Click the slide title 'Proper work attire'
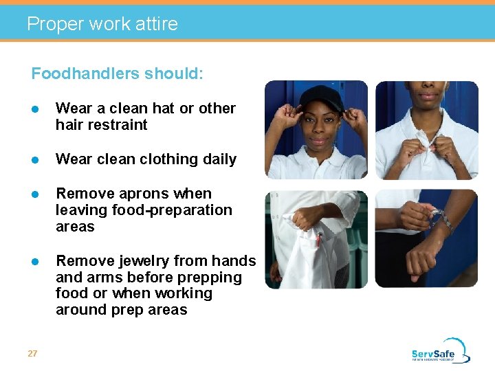tap(102, 24)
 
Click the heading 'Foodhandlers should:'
tap(117, 74)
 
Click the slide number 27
tap(32, 353)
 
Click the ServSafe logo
tap(440, 350)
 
